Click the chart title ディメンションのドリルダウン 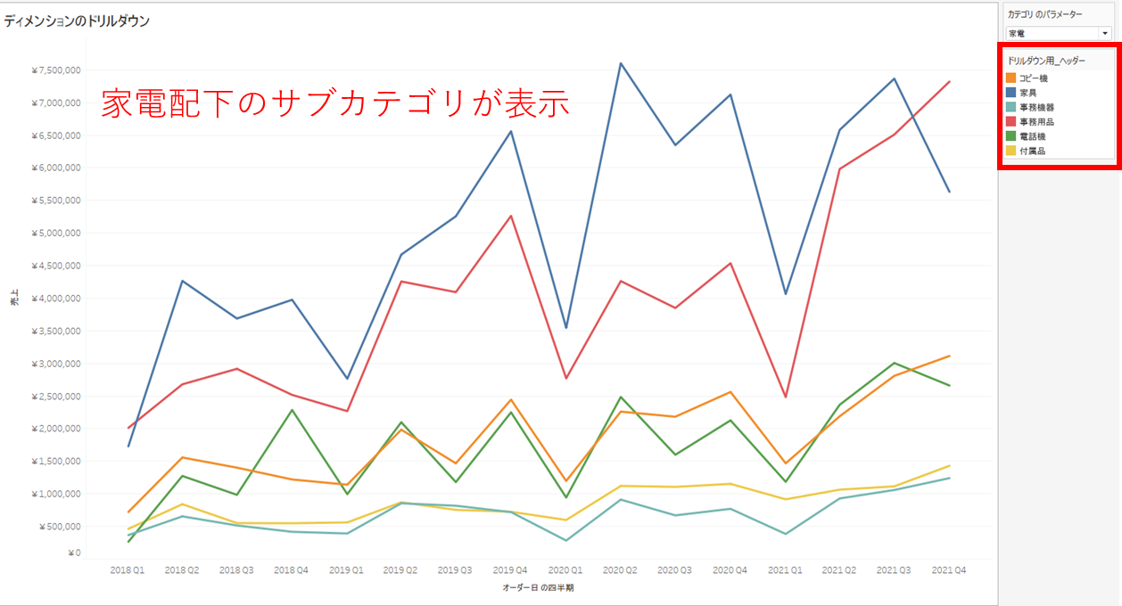coord(77,20)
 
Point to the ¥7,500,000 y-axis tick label coord(56,70)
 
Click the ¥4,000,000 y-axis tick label coord(56,299)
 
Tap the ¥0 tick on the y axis coord(74,553)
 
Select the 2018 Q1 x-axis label coord(128,569)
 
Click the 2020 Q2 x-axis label coord(620,569)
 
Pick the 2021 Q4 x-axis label coord(948,569)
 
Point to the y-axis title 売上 coord(14,301)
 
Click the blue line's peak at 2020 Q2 coord(620,63)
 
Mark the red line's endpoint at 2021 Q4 coord(949,82)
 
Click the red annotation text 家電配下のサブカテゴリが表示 coord(334,103)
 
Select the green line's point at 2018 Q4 coord(292,410)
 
